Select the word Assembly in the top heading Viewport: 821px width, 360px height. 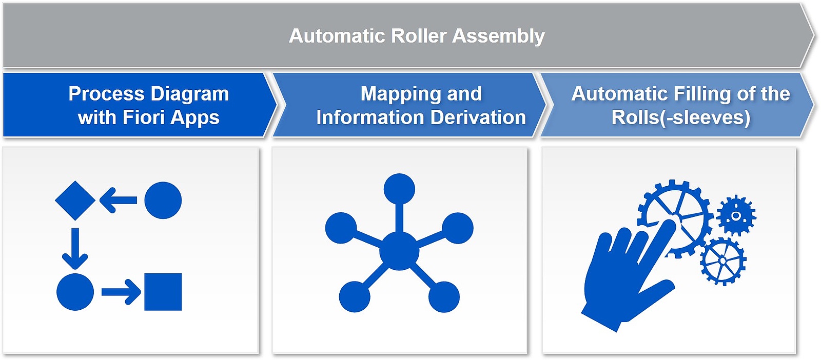[x=498, y=36]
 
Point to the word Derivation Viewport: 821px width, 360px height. [x=478, y=117]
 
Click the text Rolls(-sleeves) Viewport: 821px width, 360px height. [x=681, y=118]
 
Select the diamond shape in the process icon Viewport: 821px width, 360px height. [x=75, y=201]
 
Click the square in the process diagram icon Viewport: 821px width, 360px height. [x=163, y=292]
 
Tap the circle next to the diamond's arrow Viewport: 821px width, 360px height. [x=163, y=201]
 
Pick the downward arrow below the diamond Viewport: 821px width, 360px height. [x=75, y=248]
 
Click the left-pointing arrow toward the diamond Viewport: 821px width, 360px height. [x=118, y=201]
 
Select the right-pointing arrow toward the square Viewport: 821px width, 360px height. [x=121, y=292]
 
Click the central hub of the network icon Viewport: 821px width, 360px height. [x=399, y=251]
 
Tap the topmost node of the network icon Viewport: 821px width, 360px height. [x=400, y=189]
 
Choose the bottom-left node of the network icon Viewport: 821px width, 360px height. [x=355, y=296]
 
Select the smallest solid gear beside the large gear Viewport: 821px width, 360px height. [x=736, y=216]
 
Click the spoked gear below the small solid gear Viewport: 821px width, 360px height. [x=723, y=261]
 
